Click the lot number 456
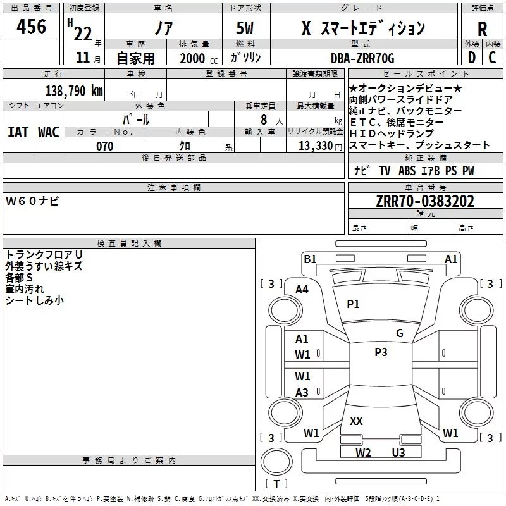coord(31,26)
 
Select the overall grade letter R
coord(482,29)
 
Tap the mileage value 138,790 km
coord(74,90)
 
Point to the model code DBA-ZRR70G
coord(362,58)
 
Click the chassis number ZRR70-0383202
coord(425,201)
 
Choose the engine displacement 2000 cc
coord(199,58)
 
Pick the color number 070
coord(105,146)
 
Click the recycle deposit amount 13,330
coord(316,145)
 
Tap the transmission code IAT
coord(18,132)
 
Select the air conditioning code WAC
coord(49,132)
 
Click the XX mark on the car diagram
coord(356,421)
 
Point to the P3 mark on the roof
coord(381,352)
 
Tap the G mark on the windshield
coord(400,333)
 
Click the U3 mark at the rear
coord(398,452)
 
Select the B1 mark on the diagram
coord(310,259)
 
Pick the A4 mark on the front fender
coord(302,290)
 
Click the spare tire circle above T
coord(276,462)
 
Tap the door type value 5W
coord(245,28)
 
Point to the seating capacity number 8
coord(264,120)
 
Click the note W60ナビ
coord(32,201)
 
